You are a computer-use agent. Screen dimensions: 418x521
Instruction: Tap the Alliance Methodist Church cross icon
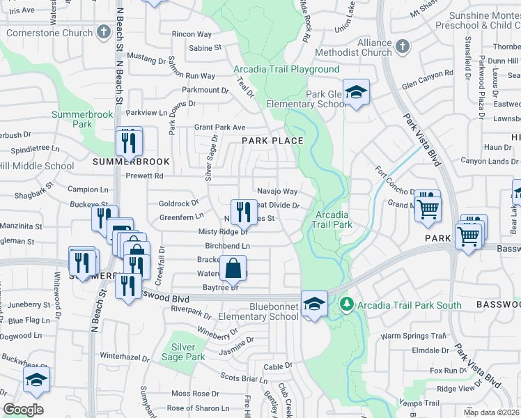pyautogui.click(x=402, y=47)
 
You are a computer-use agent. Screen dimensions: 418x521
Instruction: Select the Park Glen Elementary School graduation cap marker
pyautogui.click(x=356, y=93)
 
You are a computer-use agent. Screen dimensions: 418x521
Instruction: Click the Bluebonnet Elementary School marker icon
pyautogui.click(x=314, y=303)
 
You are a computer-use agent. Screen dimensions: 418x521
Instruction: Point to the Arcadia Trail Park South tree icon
pyautogui.click(x=346, y=304)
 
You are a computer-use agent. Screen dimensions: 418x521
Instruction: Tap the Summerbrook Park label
pyautogui.click(x=72, y=119)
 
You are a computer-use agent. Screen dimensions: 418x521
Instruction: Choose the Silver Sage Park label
pyautogui.click(x=188, y=352)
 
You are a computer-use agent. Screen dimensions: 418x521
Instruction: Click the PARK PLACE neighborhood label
pyautogui.click(x=272, y=141)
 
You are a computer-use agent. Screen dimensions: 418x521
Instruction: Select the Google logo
pyautogui.click(x=23, y=410)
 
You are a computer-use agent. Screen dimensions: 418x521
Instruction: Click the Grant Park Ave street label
pyautogui.click(x=220, y=127)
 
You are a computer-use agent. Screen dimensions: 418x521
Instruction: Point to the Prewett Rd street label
pyautogui.click(x=144, y=176)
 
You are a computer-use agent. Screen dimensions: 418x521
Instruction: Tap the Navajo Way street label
pyautogui.click(x=277, y=192)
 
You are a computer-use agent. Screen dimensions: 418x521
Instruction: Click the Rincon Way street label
pyautogui.click(x=192, y=34)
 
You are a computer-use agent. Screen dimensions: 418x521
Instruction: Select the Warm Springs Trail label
pyautogui.click(x=412, y=336)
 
